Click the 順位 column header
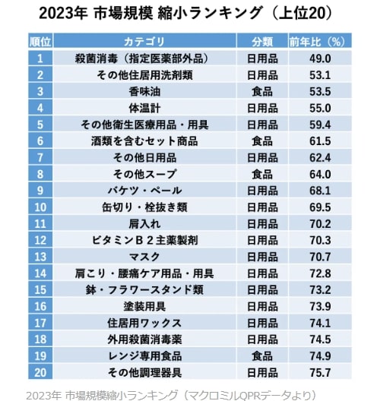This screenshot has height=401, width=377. [x=40, y=40]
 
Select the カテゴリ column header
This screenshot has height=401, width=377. [x=143, y=40]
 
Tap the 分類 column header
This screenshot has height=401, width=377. [x=262, y=40]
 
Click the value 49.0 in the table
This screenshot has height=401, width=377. [x=318, y=58]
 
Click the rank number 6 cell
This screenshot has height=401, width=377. [x=40, y=141]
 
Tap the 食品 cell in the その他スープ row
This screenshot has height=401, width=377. [x=262, y=174]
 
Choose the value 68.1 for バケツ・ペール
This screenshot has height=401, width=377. [x=318, y=190]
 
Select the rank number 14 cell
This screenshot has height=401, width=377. [x=40, y=273]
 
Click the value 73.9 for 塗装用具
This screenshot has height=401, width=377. [x=318, y=306]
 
